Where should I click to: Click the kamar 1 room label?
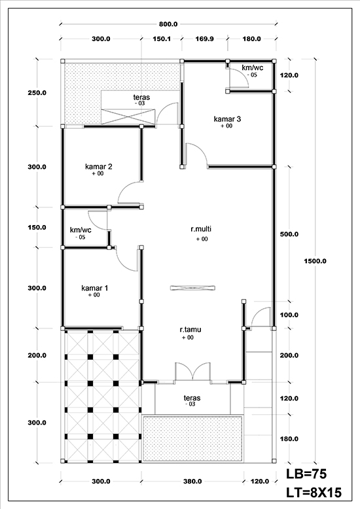[95, 288]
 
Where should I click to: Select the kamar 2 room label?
[99, 167]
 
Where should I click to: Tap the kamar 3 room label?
[227, 119]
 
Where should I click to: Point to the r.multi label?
[200, 229]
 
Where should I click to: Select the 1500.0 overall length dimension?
[315, 261]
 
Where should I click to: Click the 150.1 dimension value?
[162, 39]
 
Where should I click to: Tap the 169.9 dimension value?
[204, 39]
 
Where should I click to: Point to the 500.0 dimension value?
[289, 234]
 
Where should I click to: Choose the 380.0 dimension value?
[192, 482]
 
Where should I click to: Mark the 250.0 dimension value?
[37, 93]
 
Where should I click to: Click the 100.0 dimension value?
[289, 315]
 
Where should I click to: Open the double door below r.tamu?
[192, 371]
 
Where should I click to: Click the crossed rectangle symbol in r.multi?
[191, 286]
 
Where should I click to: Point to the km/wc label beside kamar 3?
[252, 67]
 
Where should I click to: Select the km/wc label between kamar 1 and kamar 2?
[81, 230]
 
